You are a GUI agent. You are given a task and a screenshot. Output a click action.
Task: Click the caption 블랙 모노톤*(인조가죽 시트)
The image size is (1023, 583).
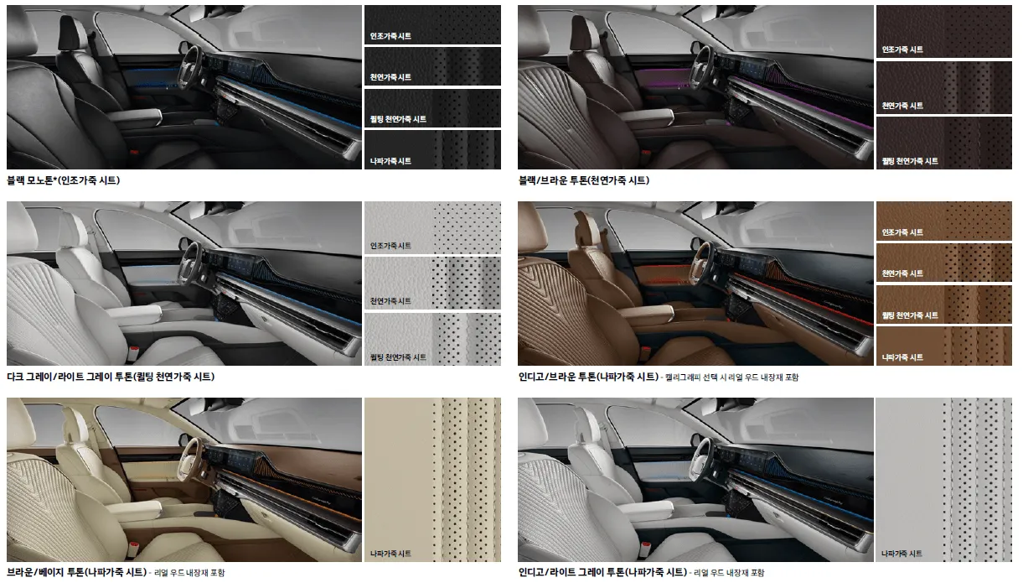[64, 180]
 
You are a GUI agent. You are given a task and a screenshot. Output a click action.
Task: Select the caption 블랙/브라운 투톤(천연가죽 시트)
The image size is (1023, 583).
[584, 180]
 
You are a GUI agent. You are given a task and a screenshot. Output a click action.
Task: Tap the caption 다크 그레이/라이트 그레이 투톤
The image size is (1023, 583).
[70, 377]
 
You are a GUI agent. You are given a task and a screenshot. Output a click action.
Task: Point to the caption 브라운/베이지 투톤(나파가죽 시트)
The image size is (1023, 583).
[77, 572]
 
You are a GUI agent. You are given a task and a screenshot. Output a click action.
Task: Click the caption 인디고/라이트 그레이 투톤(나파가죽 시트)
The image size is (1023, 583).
[603, 572]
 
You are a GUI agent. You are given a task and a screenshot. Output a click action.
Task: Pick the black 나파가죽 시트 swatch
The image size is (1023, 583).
[432, 149]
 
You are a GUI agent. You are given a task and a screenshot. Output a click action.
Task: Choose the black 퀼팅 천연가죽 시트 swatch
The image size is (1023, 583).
[432, 108]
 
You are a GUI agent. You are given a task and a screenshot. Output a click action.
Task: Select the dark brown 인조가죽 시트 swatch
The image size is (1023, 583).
[944, 32]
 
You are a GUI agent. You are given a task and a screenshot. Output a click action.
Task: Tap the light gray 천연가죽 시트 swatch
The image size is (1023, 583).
[432, 283]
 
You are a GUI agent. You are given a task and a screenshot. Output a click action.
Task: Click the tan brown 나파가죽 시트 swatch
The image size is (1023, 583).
[944, 346]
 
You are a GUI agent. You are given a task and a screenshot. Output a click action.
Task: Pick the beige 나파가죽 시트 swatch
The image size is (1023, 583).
[432, 480]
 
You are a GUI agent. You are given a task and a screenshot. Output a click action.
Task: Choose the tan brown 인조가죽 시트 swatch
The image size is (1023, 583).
[944, 221]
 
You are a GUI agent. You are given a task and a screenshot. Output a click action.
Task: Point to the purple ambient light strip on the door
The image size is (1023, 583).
[663, 71]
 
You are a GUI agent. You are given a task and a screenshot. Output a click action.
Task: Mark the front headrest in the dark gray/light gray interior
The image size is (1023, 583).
[74, 224]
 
